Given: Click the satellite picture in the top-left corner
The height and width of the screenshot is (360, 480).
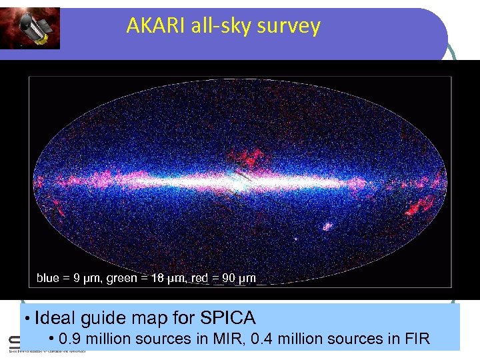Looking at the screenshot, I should tap(30, 28).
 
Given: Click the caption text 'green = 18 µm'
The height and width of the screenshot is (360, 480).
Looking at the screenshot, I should tap(143, 278).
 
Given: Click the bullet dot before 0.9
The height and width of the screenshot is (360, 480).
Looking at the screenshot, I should tap(51, 339).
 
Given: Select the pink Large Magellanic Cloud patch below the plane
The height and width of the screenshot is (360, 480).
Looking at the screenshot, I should tap(327, 227).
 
